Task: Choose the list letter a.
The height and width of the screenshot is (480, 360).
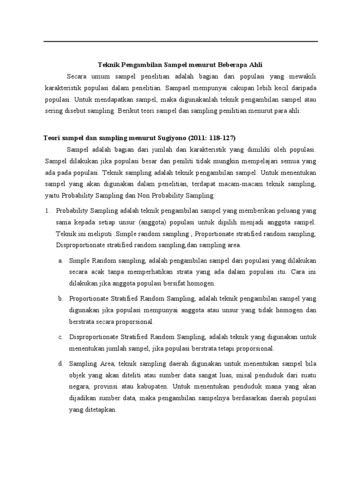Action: pos(61,261)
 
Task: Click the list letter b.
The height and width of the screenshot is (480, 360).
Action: pos(61,299)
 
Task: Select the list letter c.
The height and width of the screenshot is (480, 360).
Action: pos(61,337)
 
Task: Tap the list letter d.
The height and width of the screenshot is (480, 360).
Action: pos(61,363)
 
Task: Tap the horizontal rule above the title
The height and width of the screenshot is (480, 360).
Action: pos(180,42)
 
